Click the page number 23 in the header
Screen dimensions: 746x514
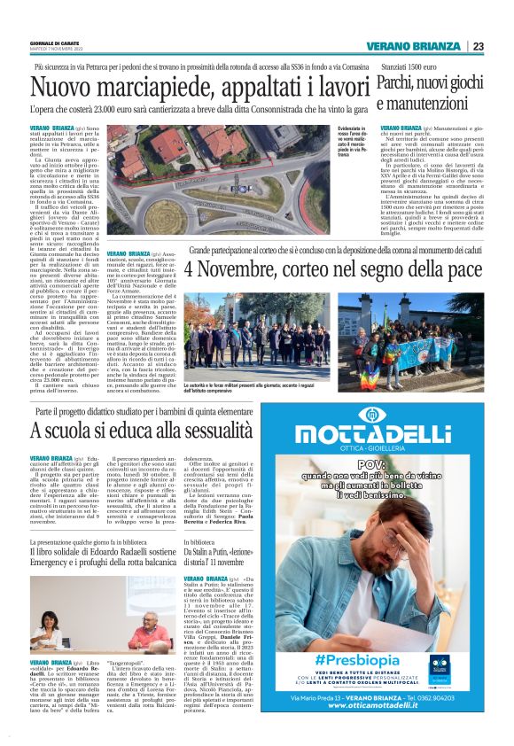(x=478, y=46)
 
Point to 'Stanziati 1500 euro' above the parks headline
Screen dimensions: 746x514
(x=408, y=66)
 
